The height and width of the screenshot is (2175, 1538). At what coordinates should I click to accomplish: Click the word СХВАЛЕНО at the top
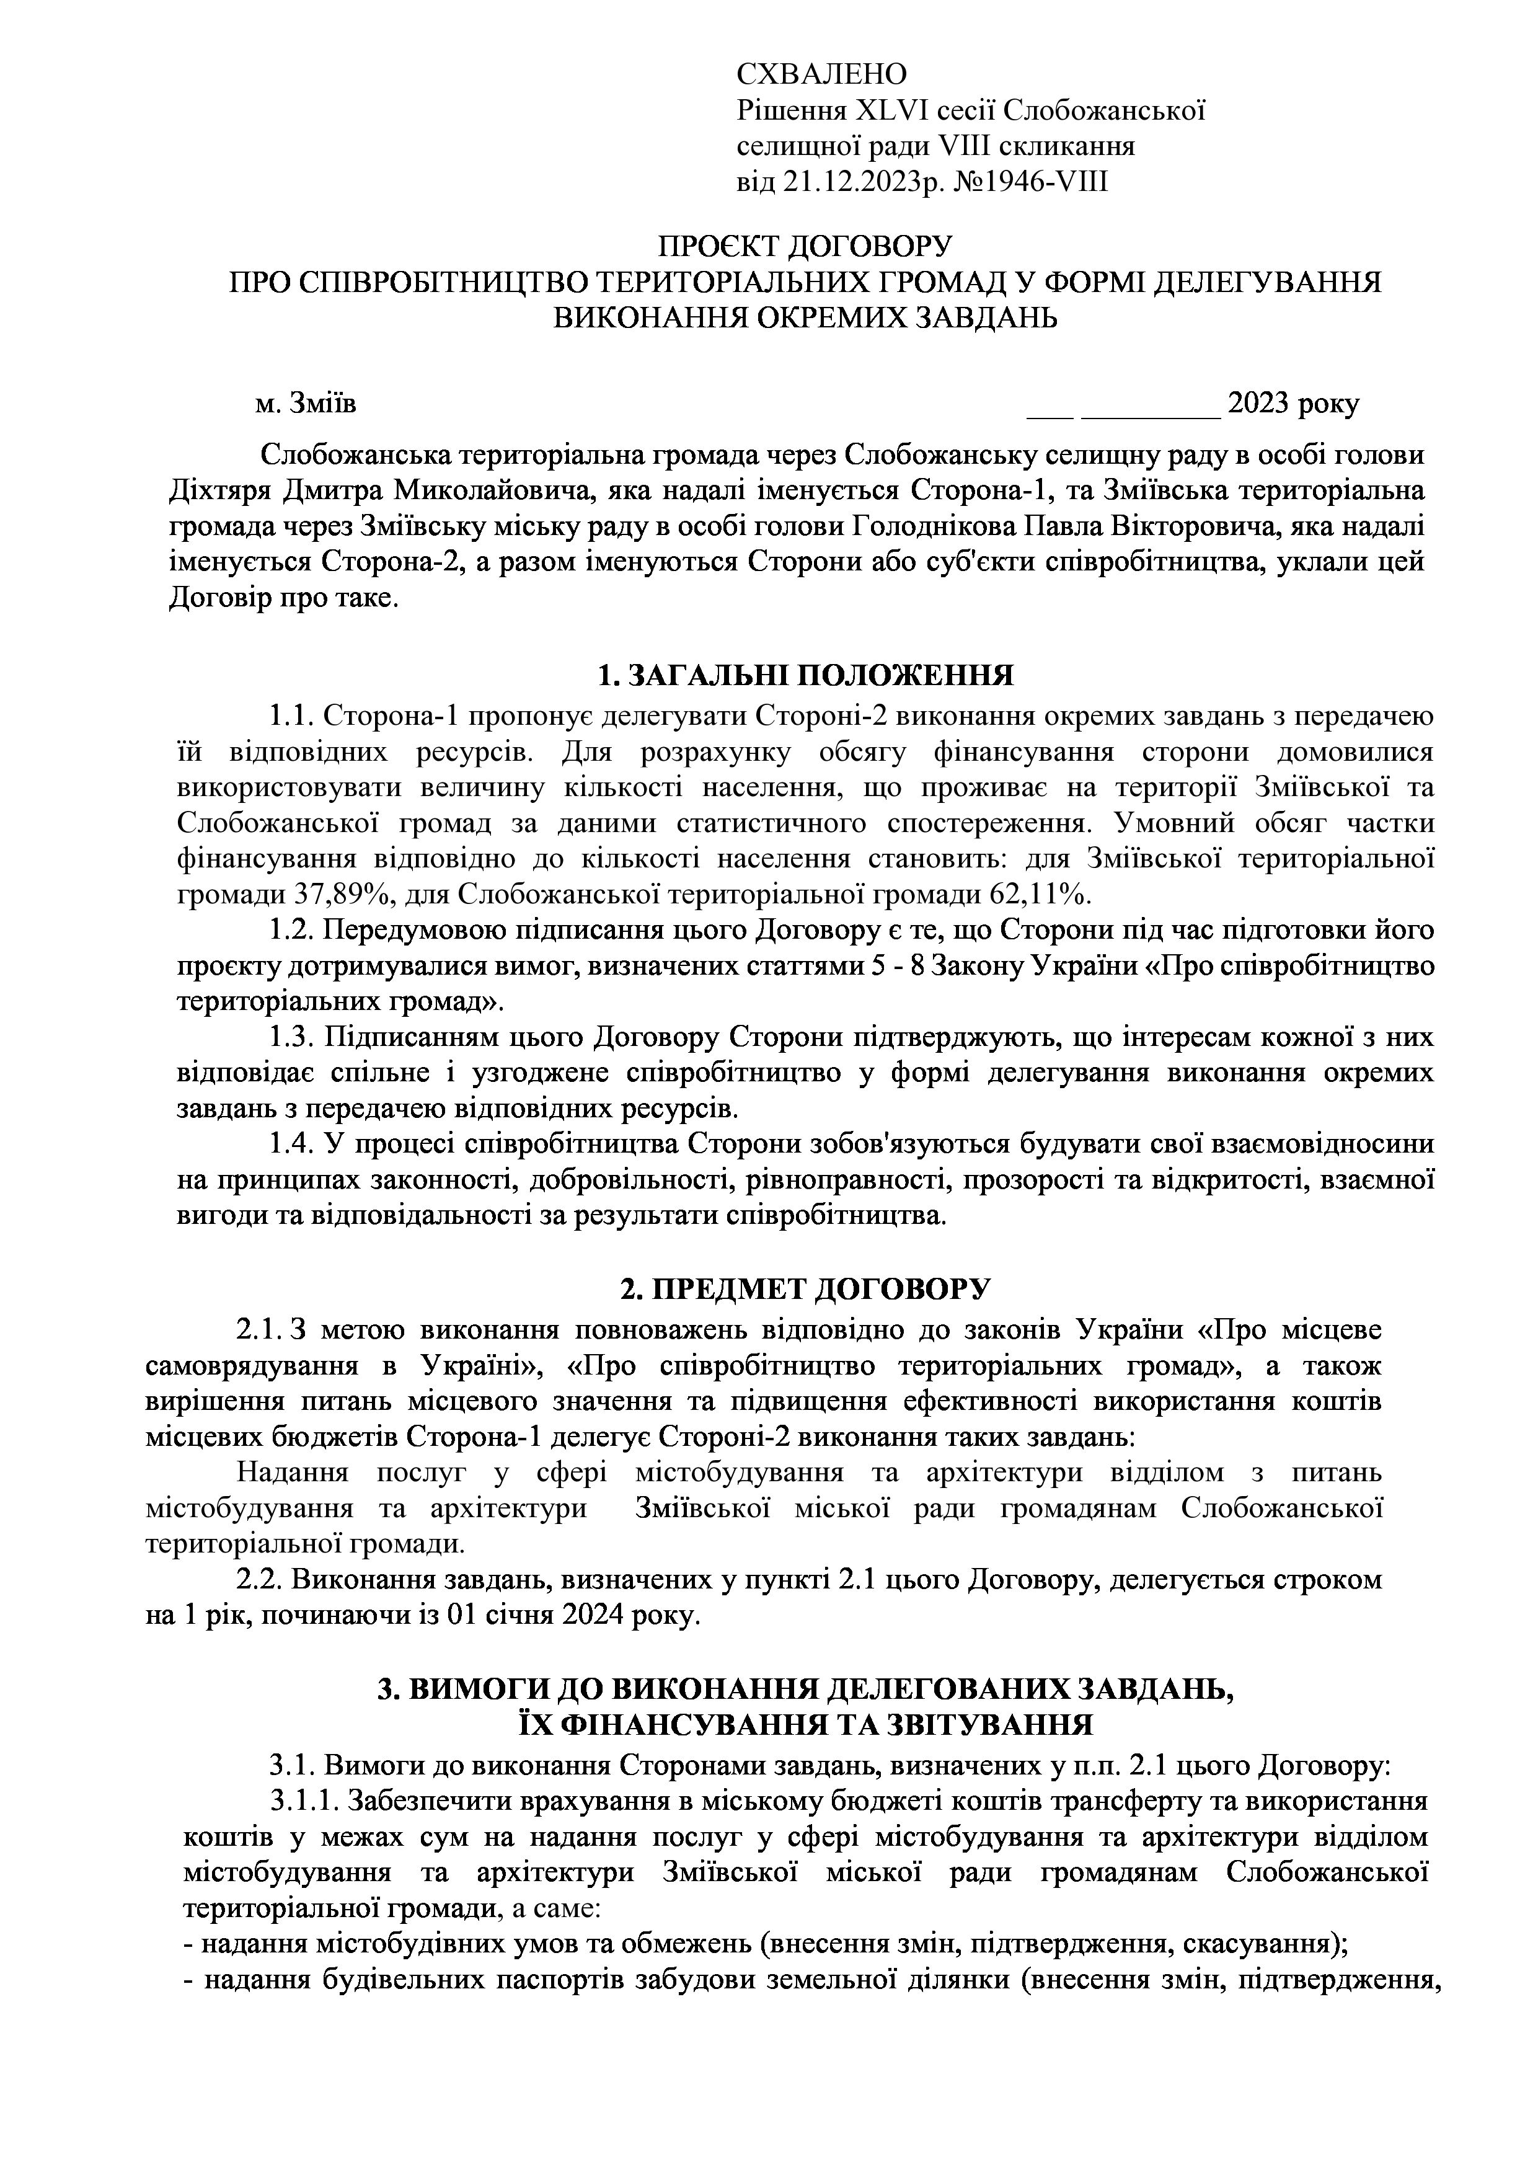click(x=821, y=74)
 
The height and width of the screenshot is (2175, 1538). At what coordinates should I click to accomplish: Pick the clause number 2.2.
click(x=258, y=1579)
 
